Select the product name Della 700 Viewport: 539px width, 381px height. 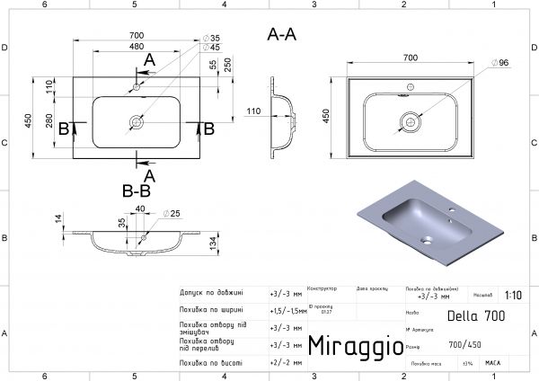pyautogui.click(x=474, y=315)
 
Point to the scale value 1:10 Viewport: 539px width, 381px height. pyautogui.click(x=512, y=295)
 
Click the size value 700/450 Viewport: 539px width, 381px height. pyautogui.click(x=464, y=344)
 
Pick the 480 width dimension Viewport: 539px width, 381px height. pyautogui.click(x=137, y=47)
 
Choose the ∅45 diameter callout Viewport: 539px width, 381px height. pyautogui.click(x=211, y=48)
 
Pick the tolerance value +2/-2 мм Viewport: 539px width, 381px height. pyautogui.click(x=284, y=362)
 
